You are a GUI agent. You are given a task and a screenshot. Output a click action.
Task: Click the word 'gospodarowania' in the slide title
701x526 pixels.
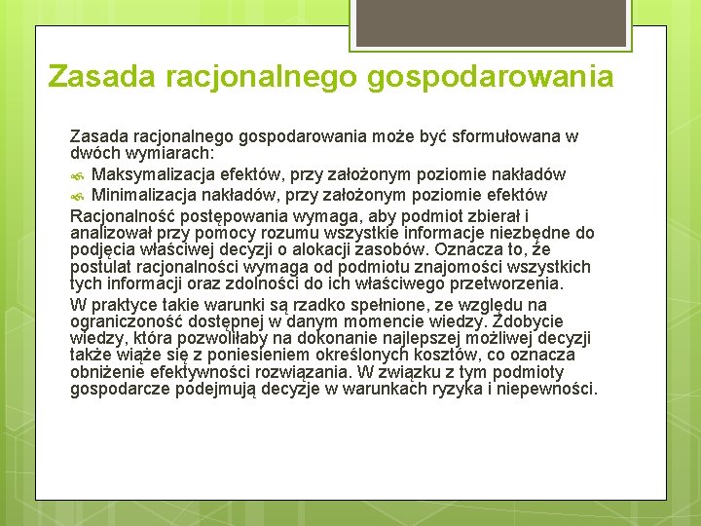tap(491, 76)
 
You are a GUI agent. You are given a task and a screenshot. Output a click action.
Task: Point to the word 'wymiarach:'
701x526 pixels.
tap(182, 154)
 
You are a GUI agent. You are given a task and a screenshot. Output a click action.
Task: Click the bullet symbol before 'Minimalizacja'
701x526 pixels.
tap(78, 196)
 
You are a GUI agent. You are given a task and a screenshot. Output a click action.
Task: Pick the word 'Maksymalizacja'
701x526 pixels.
tap(154, 175)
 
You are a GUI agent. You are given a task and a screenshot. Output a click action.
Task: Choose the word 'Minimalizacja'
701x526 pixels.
tap(147, 195)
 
